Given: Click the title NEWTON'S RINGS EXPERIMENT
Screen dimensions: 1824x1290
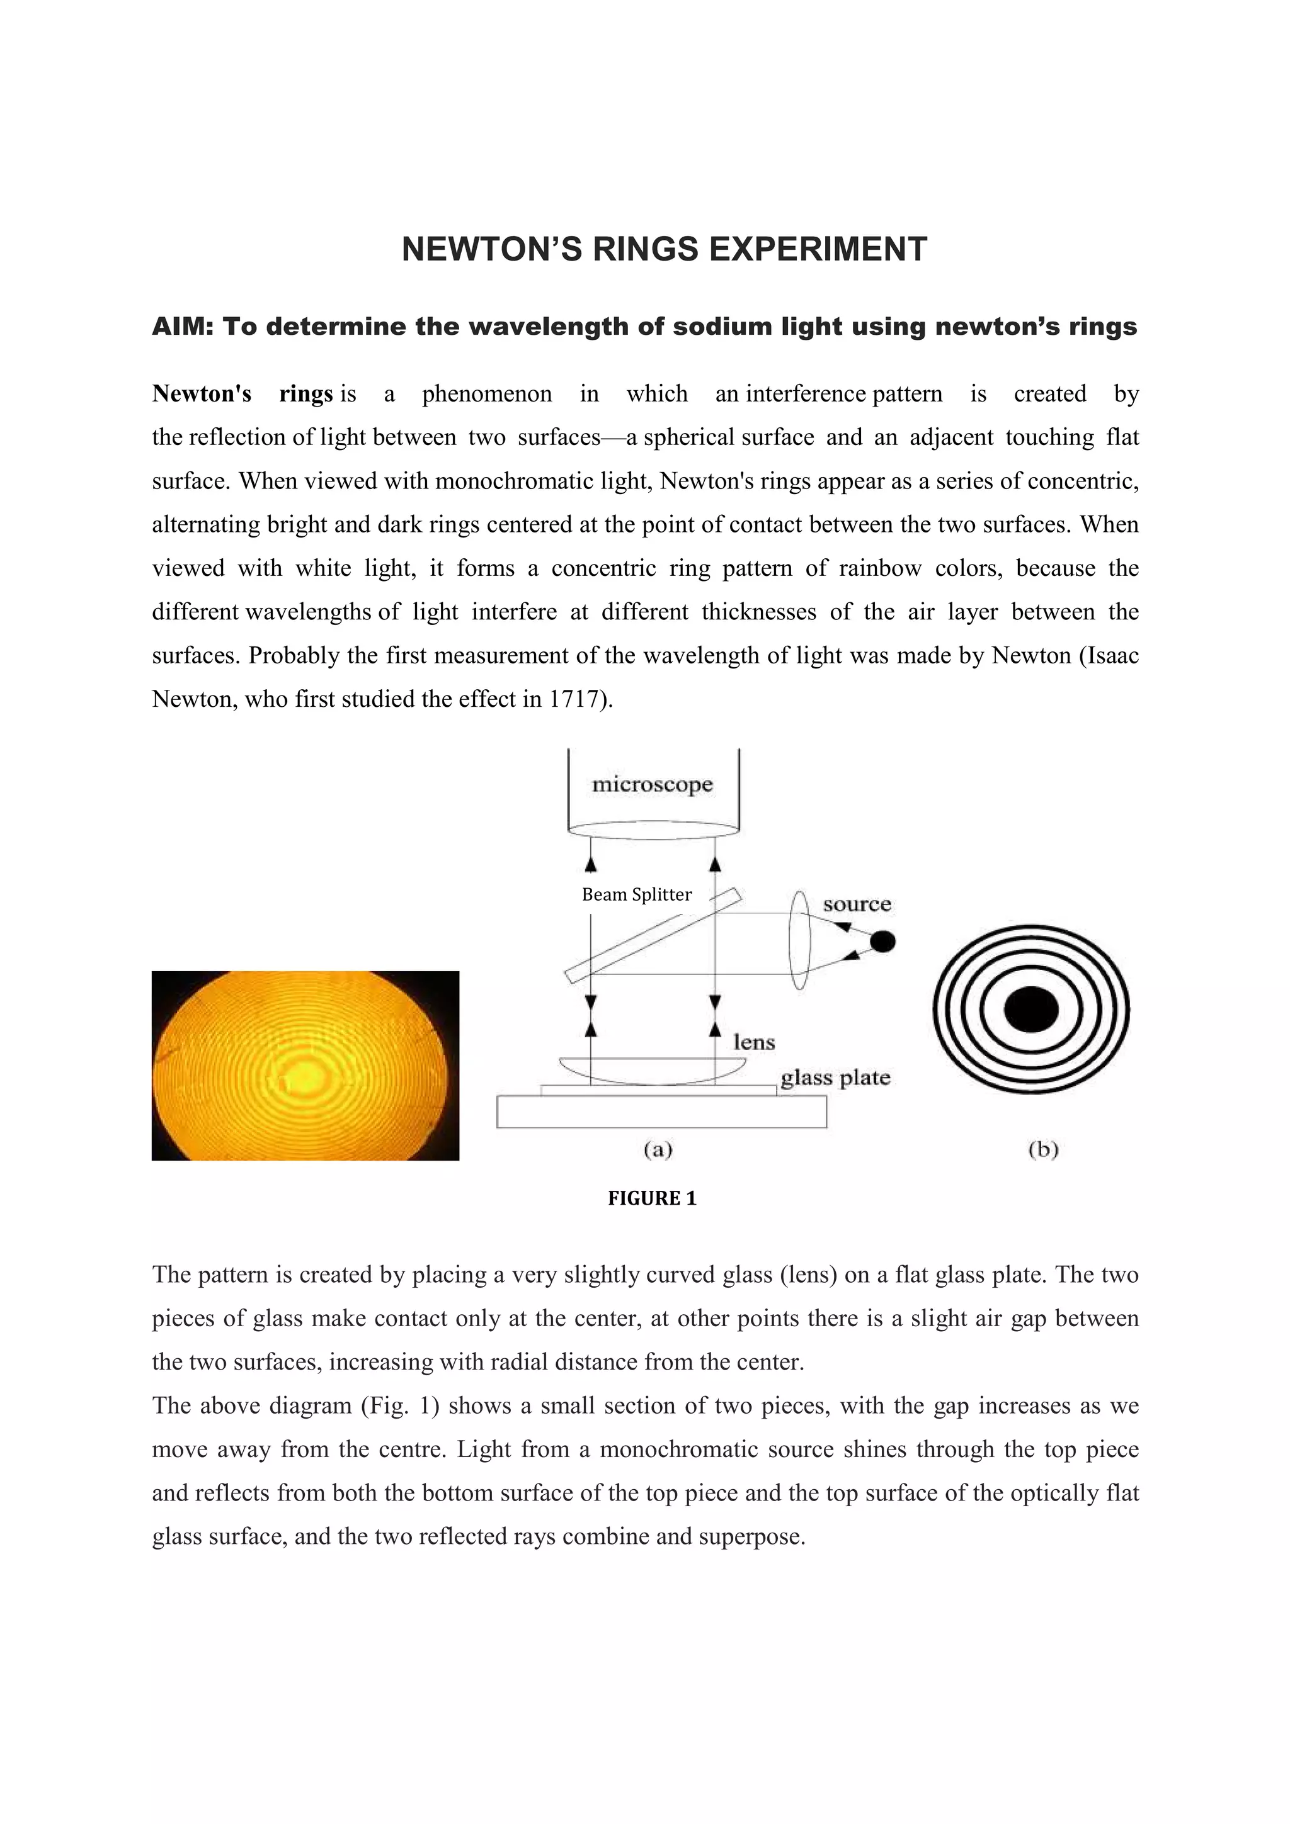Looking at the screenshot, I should (664, 249).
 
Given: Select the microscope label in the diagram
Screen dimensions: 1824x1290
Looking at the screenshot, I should (652, 785).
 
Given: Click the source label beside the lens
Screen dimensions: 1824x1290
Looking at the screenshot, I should (856, 904).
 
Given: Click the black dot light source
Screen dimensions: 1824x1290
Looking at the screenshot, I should (882, 942).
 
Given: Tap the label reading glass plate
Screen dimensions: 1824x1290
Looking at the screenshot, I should (835, 1078).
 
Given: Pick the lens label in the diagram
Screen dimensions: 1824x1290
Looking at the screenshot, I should (753, 1042).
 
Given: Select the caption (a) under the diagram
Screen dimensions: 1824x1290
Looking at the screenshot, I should (658, 1149).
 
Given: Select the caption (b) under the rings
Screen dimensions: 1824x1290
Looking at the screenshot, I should (1043, 1149).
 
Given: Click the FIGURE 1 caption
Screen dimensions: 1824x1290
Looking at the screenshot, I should (652, 1198).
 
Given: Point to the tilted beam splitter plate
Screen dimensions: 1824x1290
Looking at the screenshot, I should (653, 937).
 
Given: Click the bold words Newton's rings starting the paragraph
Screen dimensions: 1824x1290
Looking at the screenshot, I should (242, 394).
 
